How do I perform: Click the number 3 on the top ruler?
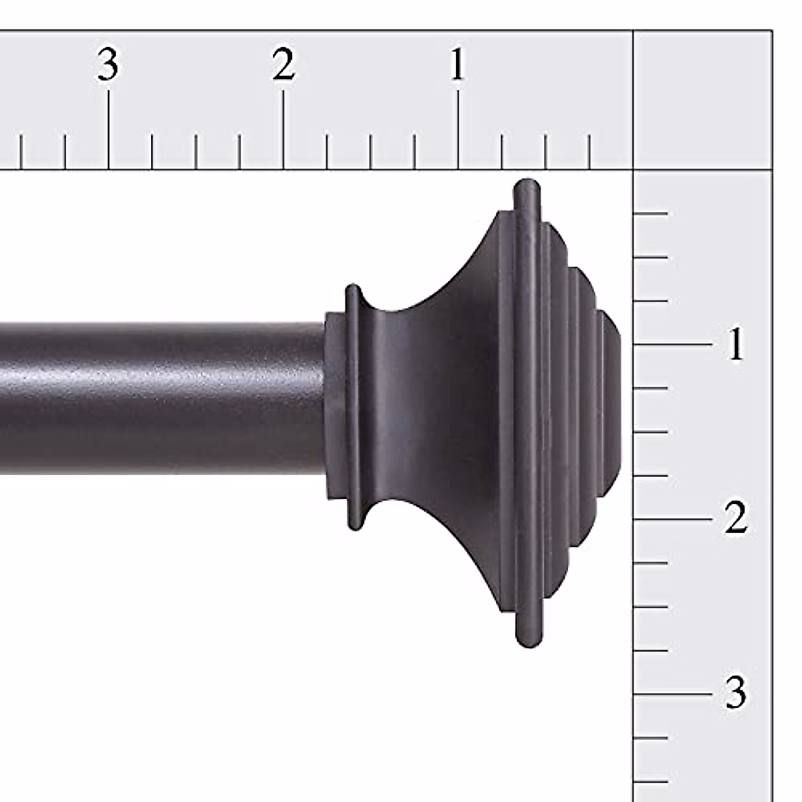pyautogui.click(x=108, y=65)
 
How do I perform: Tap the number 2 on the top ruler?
pyautogui.click(x=283, y=65)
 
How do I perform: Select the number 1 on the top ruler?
pyautogui.click(x=457, y=65)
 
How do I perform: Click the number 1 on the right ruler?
pyautogui.click(x=735, y=345)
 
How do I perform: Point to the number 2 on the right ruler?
pyautogui.click(x=735, y=519)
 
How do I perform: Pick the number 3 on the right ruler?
pyautogui.click(x=735, y=693)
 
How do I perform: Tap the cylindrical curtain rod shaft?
pyautogui.click(x=160, y=398)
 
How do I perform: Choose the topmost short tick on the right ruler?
pyautogui.click(x=650, y=213)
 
